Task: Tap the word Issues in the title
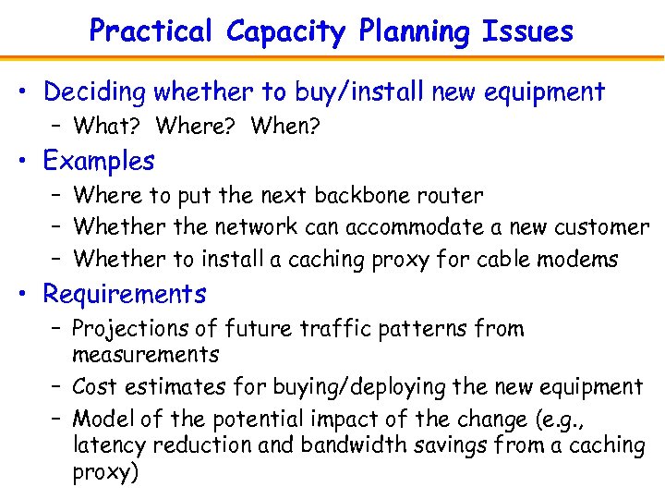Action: coord(527,31)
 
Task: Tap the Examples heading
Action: coord(99,161)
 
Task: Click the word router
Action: coord(453,195)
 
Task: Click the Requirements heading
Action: coord(125,295)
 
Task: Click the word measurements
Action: coord(145,355)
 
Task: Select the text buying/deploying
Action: coord(362,386)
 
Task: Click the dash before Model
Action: coord(55,418)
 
